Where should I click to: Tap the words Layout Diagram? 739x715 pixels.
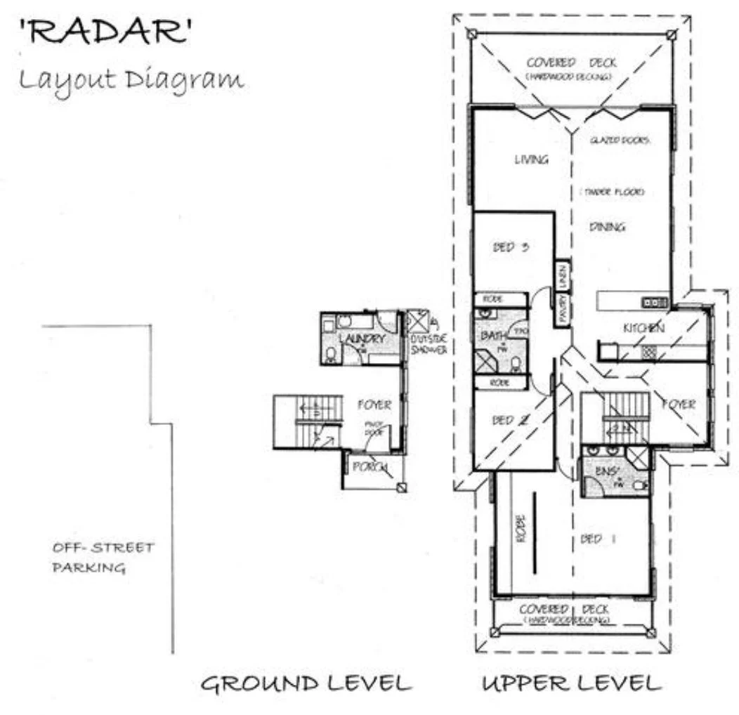coord(131,79)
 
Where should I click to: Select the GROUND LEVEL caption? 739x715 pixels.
coord(306,683)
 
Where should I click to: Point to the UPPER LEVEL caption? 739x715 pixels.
coord(570,683)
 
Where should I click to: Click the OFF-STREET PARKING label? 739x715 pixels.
coord(103,558)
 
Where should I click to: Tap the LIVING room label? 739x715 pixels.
coord(531,160)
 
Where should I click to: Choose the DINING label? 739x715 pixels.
coord(607,227)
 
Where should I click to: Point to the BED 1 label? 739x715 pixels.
coord(599,539)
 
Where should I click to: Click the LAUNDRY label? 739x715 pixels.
coord(362,339)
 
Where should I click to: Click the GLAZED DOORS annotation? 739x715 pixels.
coord(620,140)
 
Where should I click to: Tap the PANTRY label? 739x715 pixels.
coord(563,309)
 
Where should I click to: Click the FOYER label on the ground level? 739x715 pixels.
coord(374,405)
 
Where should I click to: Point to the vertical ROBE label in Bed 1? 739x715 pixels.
coord(521,530)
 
